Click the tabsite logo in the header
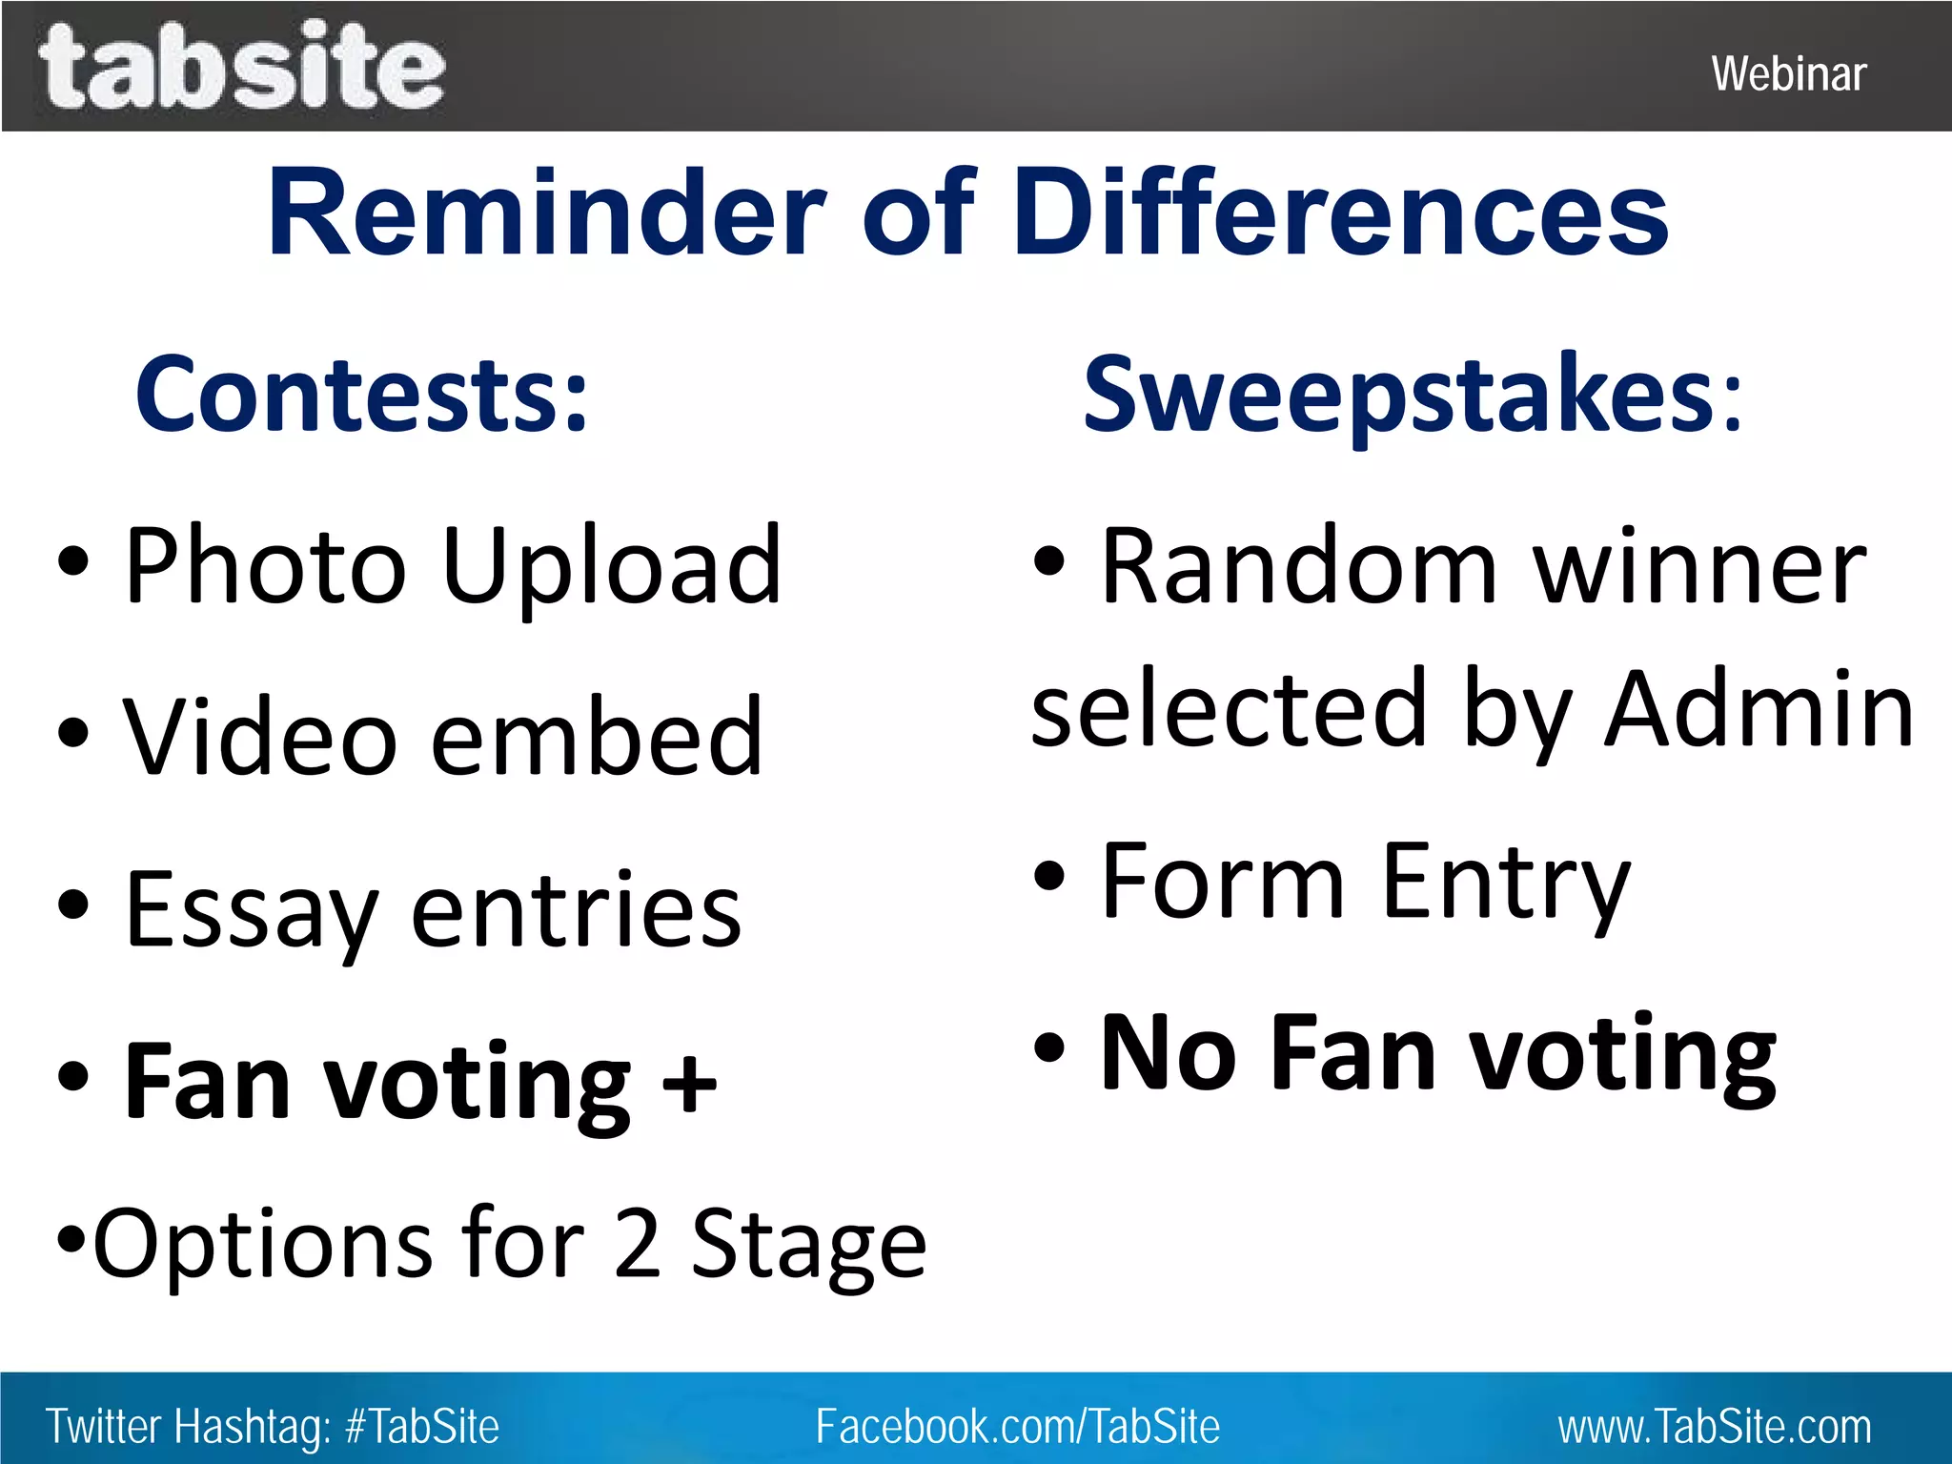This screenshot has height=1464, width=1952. point(241,67)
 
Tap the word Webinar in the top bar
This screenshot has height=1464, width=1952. point(1788,74)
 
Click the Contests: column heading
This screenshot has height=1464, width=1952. point(361,394)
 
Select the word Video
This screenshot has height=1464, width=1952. point(259,737)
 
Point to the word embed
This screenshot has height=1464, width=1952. point(597,737)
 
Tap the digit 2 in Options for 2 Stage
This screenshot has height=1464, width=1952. point(638,1243)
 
